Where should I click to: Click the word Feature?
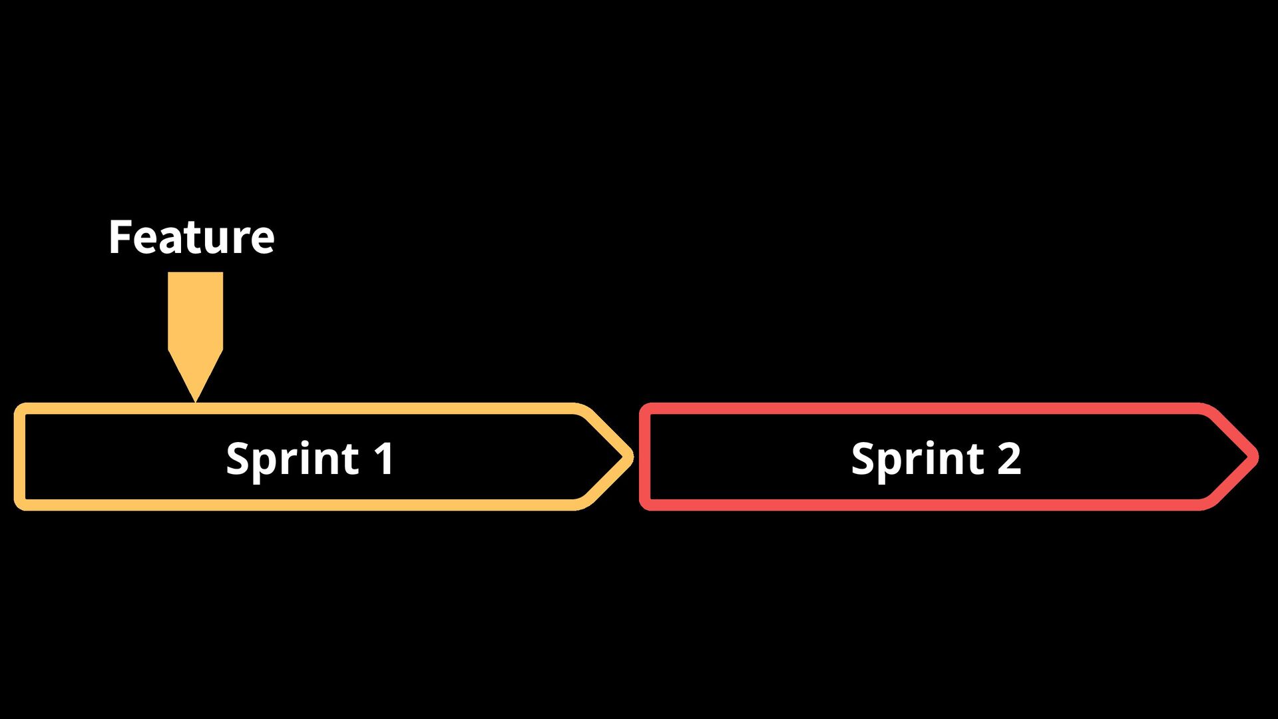click(x=191, y=237)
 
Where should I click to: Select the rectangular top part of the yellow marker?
click(x=195, y=310)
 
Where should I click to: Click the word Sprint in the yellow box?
click(x=293, y=459)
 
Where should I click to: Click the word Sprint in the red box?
click(x=918, y=459)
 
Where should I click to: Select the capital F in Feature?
click(x=120, y=237)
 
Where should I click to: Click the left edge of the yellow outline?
click(x=19, y=457)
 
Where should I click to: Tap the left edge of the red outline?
click(x=644, y=457)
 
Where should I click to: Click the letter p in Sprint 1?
click(x=263, y=462)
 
